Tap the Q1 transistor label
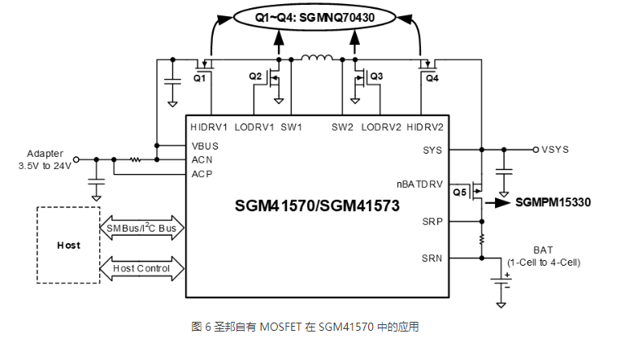tap(201, 78)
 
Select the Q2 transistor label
tap(255, 76)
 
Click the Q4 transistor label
tap(432, 78)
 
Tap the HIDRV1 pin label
tap(210, 128)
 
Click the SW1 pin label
tap(291, 128)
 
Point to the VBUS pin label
tap(206, 146)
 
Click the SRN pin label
tap(432, 258)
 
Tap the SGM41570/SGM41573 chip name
tap(318, 206)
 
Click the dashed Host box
tap(68, 245)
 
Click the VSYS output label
tap(556, 150)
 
